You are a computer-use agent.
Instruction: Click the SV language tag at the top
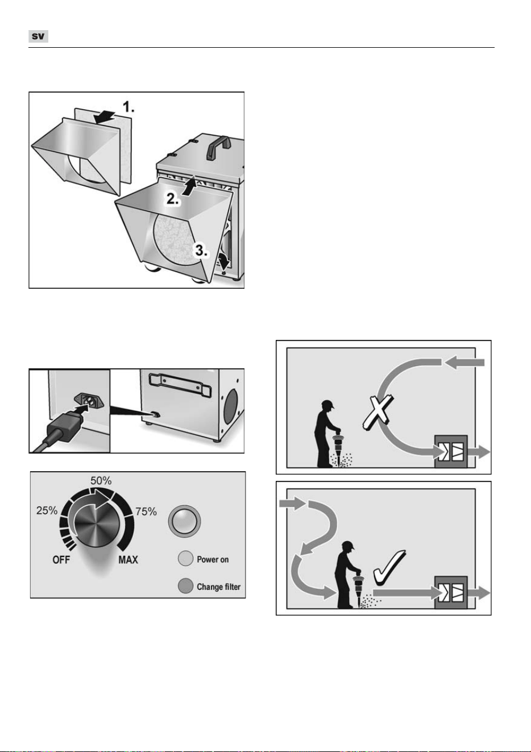pyautogui.click(x=38, y=36)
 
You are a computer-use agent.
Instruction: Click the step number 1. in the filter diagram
pyautogui.click(x=128, y=107)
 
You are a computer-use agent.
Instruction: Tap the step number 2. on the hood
pyautogui.click(x=173, y=199)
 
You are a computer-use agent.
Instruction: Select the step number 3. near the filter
pyautogui.click(x=201, y=250)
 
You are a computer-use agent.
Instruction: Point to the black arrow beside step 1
pyautogui.click(x=105, y=117)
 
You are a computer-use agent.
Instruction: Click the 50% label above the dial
pyautogui.click(x=101, y=481)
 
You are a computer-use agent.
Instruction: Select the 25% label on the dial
pyautogui.click(x=47, y=510)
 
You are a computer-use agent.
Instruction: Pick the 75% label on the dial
pyautogui.click(x=146, y=512)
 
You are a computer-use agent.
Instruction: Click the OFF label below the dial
pyautogui.click(x=61, y=560)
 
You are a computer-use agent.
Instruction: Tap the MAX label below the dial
pyautogui.click(x=128, y=560)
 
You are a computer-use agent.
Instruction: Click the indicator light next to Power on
pyautogui.click(x=185, y=558)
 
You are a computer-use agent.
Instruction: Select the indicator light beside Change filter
pyautogui.click(x=185, y=586)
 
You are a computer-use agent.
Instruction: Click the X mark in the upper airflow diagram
pyautogui.click(x=378, y=413)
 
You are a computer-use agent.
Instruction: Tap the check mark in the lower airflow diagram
pyautogui.click(x=389, y=567)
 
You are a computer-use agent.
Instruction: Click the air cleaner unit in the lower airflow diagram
pyautogui.click(x=451, y=592)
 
